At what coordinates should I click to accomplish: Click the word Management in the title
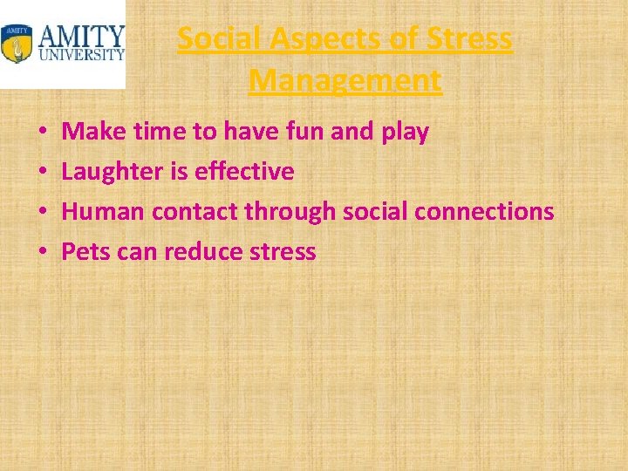345,81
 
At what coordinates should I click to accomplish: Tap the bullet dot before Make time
42,133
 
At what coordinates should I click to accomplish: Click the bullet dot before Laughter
42,173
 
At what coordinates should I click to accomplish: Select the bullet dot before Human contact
42,213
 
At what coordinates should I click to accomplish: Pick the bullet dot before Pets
42,253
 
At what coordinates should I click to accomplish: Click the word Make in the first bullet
89,132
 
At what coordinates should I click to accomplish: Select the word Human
103,212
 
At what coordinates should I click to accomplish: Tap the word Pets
84,253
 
